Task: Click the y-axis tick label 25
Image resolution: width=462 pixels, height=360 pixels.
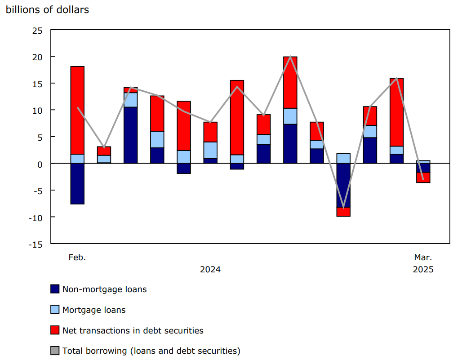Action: click(x=37, y=30)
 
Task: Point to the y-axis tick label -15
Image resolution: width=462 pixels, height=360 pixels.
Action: click(x=36, y=244)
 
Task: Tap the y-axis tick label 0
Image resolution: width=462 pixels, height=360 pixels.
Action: click(x=40, y=164)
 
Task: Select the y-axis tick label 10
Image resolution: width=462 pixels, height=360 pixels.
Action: click(x=37, y=110)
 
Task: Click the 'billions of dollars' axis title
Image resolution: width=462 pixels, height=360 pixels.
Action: click(x=47, y=9)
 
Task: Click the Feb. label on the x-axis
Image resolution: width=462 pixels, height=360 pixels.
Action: click(x=77, y=258)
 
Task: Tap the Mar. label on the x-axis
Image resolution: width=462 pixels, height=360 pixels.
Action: click(x=423, y=258)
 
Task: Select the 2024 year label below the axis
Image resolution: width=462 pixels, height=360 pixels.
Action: click(x=210, y=270)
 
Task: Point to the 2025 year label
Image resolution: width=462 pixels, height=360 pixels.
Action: click(x=423, y=270)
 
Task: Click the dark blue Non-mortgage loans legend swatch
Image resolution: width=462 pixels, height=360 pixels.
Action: click(x=55, y=289)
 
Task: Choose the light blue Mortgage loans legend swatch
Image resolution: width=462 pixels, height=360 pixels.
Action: click(x=55, y=310)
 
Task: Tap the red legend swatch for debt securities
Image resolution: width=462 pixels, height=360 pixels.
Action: click(x=55, y=330)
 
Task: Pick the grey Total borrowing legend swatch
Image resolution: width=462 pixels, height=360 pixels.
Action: click(x=55, y=351)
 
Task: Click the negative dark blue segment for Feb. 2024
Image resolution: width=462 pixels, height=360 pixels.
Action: click(x=77, y=183)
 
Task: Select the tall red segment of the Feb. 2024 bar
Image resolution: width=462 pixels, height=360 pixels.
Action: click(x=77, y=110)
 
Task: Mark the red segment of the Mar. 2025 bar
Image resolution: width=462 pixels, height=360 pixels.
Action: click(x=423, y=178)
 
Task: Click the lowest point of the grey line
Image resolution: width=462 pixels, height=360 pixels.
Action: click(x=343, y=207)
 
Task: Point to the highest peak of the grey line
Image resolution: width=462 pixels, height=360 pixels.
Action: click(x=290, y=57)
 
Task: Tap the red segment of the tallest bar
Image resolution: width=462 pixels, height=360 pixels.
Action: click(x=290, y=83)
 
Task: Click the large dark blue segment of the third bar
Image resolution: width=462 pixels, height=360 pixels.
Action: click(x=130, y=135)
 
